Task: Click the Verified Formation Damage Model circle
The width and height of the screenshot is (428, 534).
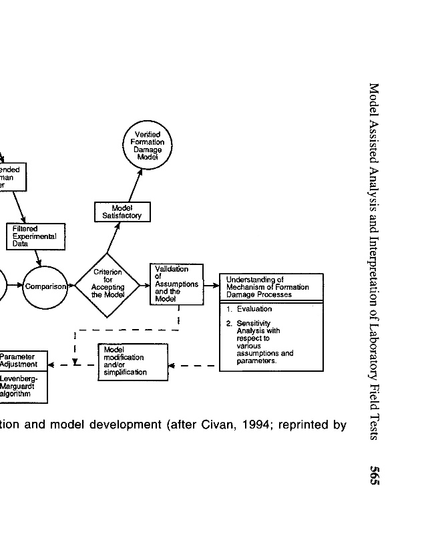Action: [148, 146]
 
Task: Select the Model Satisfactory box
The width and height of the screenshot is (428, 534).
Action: [122, 212]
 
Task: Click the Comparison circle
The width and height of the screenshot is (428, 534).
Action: [46, 287]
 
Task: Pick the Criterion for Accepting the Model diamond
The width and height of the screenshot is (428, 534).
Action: [108, 287]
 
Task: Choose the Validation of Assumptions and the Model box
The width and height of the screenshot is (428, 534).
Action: [176, 286]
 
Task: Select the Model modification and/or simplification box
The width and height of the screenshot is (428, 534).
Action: [133, 361]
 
